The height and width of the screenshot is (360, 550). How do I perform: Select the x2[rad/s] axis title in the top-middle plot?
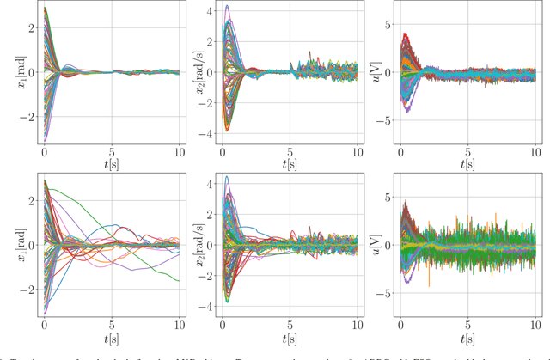[199, 70]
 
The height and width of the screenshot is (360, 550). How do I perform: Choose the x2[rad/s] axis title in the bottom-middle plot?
[199, 244]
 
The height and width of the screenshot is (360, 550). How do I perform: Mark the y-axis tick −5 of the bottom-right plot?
[385, 293]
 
